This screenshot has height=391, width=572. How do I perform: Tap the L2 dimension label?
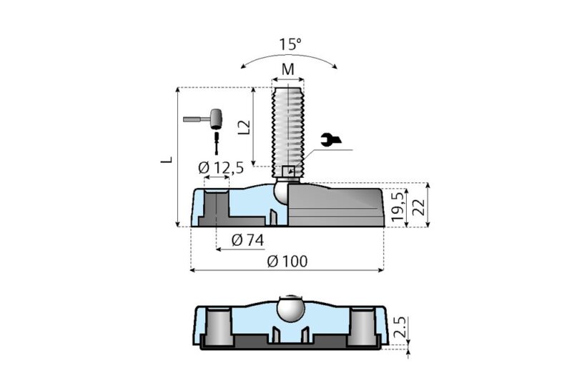(x=245, y=127)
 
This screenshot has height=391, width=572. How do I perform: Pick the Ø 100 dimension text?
(x=287, y=261)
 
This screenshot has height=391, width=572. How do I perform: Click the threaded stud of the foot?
(x=289, y=122)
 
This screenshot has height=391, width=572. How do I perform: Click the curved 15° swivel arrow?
(x=290, y=59)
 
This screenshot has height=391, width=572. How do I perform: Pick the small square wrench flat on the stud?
(x=289, y=171)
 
